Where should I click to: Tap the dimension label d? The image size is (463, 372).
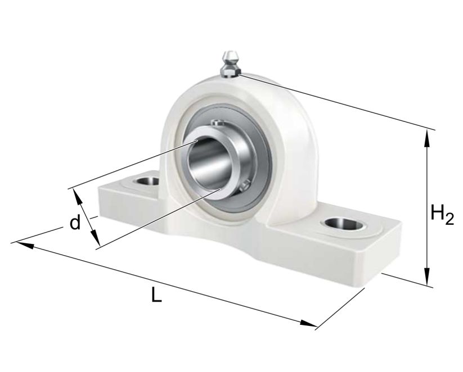74,223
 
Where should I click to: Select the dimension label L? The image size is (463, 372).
156,295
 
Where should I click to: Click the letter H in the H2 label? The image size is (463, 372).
437,213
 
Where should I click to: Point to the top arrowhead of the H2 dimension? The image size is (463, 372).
429,137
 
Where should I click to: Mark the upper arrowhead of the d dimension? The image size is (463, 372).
76,195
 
